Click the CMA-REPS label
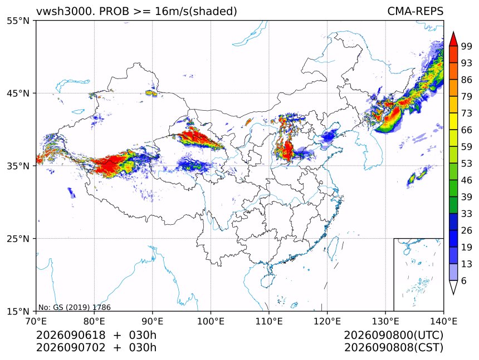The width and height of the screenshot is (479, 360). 415,11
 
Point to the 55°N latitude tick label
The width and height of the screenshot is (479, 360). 18,21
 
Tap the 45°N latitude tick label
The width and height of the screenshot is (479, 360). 18,93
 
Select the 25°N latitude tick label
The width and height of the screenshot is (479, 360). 18,238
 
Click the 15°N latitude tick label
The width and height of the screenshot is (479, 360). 18,311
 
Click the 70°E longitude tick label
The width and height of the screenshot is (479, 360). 36,321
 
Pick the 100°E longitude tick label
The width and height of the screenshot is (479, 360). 211,321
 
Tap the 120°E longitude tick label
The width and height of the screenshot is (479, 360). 327,321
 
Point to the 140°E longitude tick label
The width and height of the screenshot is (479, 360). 443,321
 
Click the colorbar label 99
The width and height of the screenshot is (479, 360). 467,46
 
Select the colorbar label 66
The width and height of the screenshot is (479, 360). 467,130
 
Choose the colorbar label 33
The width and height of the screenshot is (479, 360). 467,214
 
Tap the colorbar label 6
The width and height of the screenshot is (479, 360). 464,280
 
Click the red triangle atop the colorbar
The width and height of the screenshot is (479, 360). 453,40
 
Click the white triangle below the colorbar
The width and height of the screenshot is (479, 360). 453,287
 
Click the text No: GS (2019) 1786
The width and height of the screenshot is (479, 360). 75,307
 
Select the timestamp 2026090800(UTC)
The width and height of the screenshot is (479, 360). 393,336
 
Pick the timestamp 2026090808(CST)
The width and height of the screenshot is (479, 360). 393,348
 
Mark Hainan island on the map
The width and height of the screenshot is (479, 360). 267,280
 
